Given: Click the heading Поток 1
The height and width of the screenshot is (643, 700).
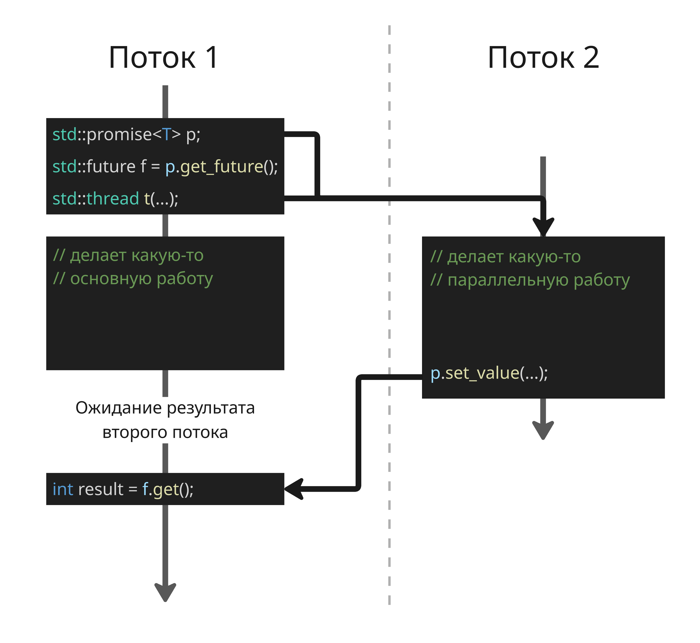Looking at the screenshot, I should point(163,58).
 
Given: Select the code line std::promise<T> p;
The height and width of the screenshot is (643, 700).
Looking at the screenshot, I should point(126,135).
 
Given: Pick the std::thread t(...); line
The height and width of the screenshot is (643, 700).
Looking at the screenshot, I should point(115,199).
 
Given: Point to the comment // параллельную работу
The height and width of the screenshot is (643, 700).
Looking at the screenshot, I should point(530,280).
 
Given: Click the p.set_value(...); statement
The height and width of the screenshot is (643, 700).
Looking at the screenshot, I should point(489,373).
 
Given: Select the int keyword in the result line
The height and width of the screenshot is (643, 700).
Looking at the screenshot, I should point(63,489).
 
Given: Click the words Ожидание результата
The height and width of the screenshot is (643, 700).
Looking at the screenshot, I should point(165,408).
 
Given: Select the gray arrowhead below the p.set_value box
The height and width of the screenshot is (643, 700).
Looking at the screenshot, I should point(543,430).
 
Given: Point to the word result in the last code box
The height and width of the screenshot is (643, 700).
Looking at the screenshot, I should point(101,489).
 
